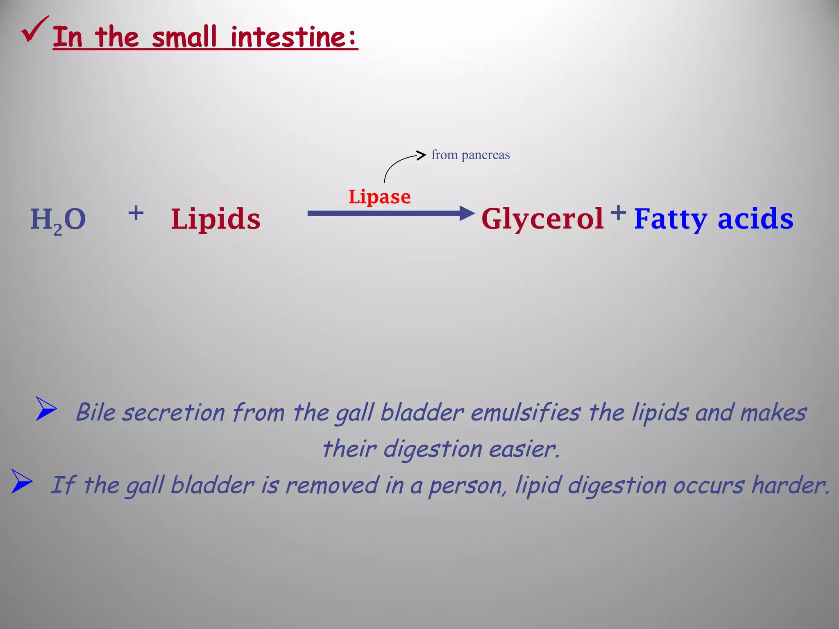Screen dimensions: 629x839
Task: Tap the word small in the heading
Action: pos(184,37)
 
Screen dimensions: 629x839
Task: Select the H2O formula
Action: pos(58,220)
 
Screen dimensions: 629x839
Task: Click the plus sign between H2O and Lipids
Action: pos(136,213)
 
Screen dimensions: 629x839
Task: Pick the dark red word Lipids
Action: pos(215,219)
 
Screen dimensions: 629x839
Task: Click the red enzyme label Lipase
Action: pos(379,197)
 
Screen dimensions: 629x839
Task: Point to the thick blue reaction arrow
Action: pos(389,213)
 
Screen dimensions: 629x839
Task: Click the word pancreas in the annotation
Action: pos(485,155)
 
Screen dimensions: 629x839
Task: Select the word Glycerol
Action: pos(542,219)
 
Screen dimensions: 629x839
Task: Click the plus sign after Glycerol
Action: pos(618,213)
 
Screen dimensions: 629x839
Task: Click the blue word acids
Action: pos(755,219)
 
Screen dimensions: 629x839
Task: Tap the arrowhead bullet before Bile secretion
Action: pos(46,408)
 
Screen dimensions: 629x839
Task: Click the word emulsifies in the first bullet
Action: pos(526,412)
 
